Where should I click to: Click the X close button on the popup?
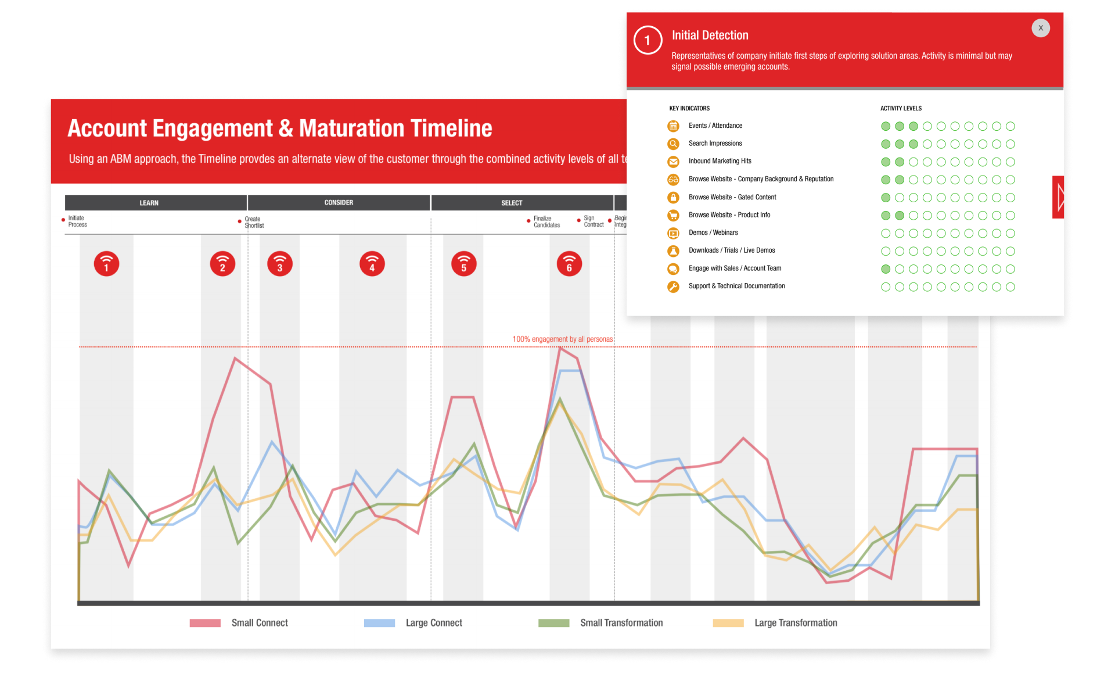1040,28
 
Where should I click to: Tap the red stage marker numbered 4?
372,264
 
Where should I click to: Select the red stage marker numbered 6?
569,264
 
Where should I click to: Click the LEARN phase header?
149,203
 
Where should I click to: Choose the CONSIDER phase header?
339,203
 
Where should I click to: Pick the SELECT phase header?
512,203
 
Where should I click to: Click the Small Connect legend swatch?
205,623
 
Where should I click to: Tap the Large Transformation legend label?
796,623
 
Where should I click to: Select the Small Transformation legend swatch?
553,623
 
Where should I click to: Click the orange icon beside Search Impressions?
673,144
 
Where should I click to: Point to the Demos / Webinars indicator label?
713,232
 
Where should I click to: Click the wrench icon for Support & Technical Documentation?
673,287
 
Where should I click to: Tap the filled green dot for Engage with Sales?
886,269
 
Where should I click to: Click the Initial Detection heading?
710,35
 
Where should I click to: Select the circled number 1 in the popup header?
648,41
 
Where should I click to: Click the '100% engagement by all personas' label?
562,339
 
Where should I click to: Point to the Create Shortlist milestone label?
254,223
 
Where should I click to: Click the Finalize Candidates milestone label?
546,222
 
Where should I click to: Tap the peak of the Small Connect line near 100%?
560,348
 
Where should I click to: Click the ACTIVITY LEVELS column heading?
901,109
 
